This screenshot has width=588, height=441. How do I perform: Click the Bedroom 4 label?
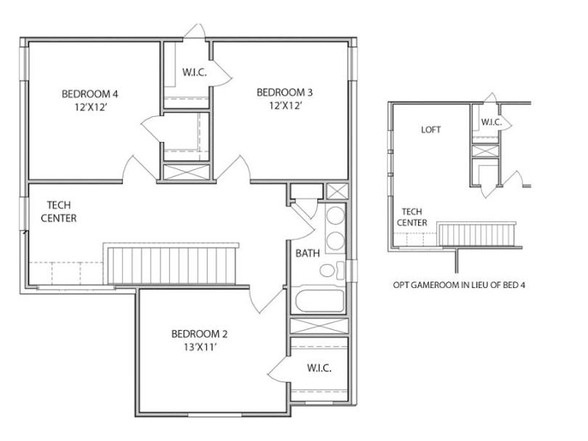coord(89,94)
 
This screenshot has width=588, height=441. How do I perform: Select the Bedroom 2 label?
coord(199,334)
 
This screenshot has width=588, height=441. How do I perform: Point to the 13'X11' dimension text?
coord(199,347)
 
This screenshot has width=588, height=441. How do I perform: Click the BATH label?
coord(307,254)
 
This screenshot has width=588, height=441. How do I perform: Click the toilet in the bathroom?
coord(328,271)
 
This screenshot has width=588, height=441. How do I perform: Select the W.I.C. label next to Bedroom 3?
coord(195,73)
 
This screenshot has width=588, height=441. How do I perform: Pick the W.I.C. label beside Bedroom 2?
coord(319,368)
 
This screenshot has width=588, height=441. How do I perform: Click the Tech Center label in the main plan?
coord(59,212)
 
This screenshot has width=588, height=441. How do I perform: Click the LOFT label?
coord(431,131)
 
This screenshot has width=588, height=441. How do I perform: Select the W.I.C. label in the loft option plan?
coord(491,122)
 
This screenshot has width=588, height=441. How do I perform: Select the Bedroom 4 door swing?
coord(134,169)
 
